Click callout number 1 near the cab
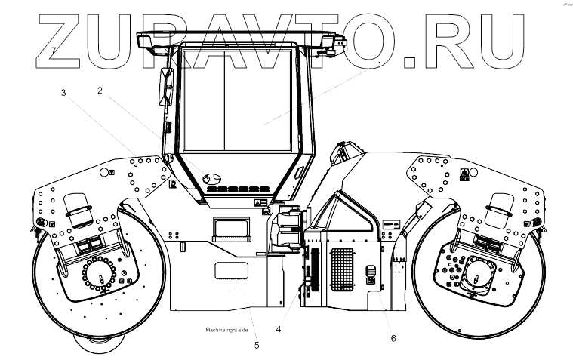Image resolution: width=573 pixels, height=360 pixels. pos(379,64)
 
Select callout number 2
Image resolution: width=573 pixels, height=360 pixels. pos(99,91)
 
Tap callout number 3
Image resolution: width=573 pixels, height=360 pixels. pos(64,93)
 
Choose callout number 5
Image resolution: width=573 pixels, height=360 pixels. pos(256,346)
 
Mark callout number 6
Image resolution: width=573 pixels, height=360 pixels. pos(393,338)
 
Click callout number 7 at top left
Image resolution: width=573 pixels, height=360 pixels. pos(54,50)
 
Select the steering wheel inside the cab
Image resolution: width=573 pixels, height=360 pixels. pos(211,178)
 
